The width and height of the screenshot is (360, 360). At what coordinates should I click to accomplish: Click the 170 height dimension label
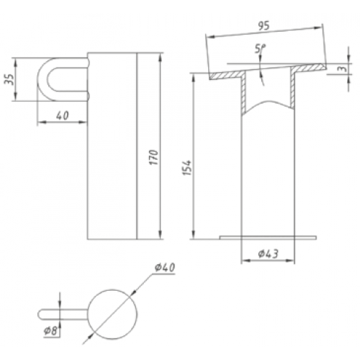tap(154, 157)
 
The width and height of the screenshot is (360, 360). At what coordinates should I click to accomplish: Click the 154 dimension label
tap(187, 168)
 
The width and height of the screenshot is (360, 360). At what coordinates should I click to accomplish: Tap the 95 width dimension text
tap(264, 26)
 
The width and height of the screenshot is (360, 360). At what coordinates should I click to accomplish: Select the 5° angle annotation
tap(260, 49)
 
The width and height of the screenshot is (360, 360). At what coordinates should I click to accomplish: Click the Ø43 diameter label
tap(268, 253)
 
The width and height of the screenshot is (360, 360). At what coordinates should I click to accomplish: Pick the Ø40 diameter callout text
tap(165, 267)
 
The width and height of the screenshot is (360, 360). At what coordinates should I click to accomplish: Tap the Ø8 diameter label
tap(51, 331)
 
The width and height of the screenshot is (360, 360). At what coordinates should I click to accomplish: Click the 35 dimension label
tap(9, 79)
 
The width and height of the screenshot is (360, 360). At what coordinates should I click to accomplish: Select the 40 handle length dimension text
tap(63, 116)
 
